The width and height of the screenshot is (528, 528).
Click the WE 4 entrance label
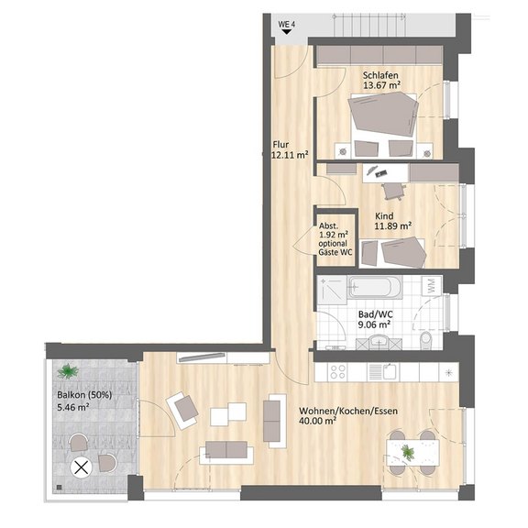coord(287,25)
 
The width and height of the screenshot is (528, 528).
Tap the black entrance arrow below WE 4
coord(287,32)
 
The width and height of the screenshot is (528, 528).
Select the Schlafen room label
coord(380,75)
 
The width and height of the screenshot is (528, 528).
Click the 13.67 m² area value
coord(382,85)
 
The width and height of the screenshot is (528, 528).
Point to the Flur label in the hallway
coord(280,145)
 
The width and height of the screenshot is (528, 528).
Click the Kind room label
coord(384,215)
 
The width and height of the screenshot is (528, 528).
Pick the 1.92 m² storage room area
coord(334,235)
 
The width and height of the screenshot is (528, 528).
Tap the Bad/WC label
coord(376,314)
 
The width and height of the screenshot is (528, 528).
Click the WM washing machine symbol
coord(432,286)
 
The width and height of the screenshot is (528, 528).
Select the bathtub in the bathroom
coord(375,287)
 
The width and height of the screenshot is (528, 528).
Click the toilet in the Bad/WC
coord(426,340)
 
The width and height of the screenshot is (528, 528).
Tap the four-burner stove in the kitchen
coord(337,372)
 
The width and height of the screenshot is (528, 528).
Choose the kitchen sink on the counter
coord(383,372)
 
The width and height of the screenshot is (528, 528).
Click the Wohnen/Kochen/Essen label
coord(348,411)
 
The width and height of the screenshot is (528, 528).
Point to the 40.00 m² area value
coord(317,421)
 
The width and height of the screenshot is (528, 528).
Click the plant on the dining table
coord(408,452)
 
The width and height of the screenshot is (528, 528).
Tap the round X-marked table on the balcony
coord(81,467)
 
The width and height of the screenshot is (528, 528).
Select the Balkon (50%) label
coord(84,395)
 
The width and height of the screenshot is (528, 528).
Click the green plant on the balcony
coord(68,371)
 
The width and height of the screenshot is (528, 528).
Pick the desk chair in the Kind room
coord(392,191)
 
